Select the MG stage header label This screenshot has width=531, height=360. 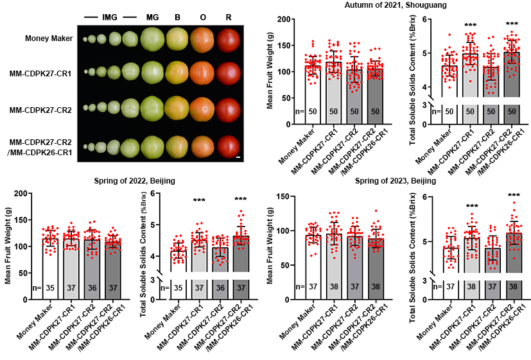[152, 15]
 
